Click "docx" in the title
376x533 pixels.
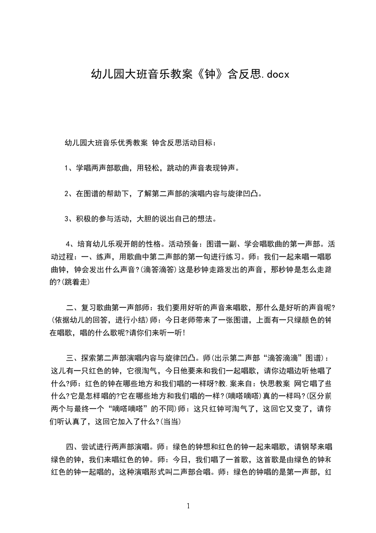(275, 75)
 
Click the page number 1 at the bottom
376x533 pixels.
(188, 506)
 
